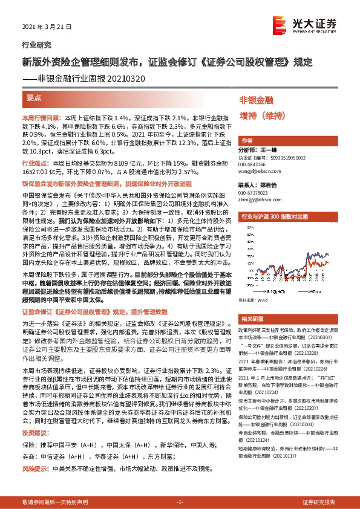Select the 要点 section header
34,97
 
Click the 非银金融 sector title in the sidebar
257,100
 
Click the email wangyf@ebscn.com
260,170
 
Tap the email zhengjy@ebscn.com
260,198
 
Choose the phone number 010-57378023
257,192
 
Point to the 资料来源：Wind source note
254,316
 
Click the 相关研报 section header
251,336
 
